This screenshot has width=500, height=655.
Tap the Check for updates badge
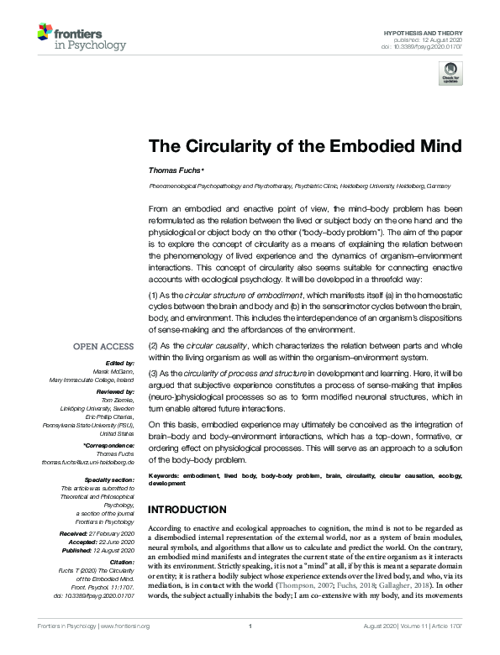(x=451, y=72)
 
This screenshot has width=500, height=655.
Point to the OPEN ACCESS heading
(x=103, y=346)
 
